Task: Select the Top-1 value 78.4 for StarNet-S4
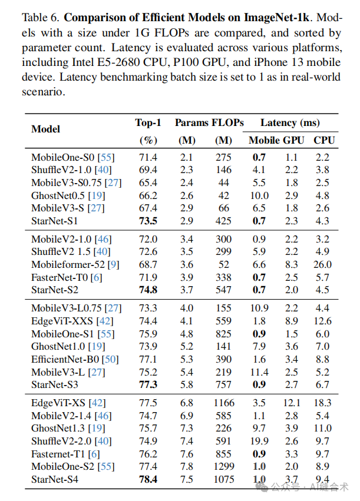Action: coord(147,479)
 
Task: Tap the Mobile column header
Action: coord(265,140)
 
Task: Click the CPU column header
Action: coord(324,140)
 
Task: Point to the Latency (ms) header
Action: coord(290,122)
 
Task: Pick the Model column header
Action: coord(45,129)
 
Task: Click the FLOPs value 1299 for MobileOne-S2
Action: coord(223,466)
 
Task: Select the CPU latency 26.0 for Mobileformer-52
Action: coord(323,265)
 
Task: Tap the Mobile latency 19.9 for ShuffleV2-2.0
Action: coord(259,440)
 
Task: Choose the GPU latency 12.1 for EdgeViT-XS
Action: coord(292,403)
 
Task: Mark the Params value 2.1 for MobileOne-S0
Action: coord(187,157)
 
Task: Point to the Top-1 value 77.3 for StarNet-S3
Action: coord(147,385)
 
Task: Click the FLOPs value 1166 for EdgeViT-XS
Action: coord(223,403)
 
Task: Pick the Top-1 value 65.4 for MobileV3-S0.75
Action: coord(147,183)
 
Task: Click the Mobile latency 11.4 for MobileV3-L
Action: coord(259,372)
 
